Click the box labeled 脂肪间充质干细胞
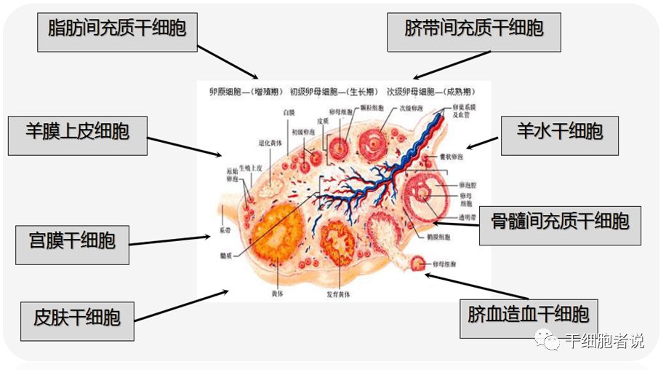[117, 29]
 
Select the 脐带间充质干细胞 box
[473, 29]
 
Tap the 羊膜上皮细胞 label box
[77, 132]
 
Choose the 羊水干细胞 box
[560, 132]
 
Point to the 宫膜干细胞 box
[72, 240]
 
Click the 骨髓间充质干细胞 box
[560, 221]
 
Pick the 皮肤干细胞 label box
[77, 318]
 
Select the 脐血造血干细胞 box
[529, 315]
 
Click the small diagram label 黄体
[278, 294]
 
